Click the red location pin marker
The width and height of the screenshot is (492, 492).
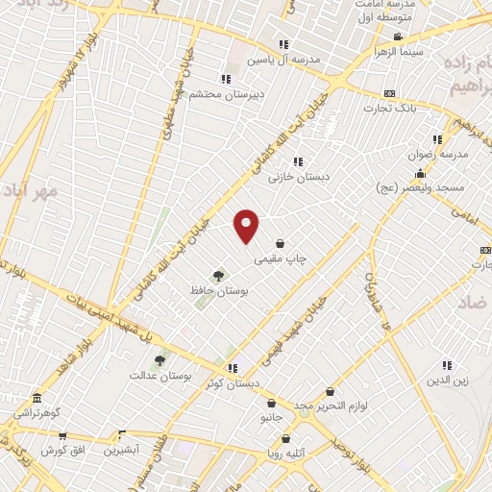(x=247, y=226)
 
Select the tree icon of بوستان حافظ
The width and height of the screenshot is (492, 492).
(x=219, y=276)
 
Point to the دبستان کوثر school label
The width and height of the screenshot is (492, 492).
(x=232, y=382)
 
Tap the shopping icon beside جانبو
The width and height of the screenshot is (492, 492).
(x=272, y=405)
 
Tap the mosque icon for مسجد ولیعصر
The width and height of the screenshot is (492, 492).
(x=420, y=173)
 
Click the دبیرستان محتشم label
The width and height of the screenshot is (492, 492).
(x=223, y=92)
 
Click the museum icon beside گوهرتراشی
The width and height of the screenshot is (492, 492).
(x=37, y=398)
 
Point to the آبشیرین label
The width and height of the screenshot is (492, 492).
(x=122, y=450)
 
